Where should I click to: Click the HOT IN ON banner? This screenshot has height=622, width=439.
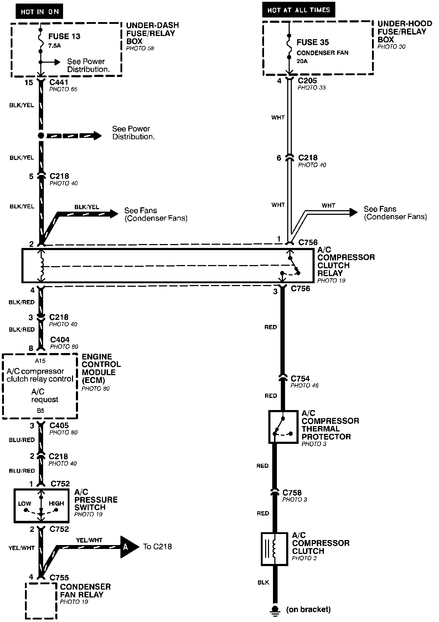pyautogui.click(x=39, y=12)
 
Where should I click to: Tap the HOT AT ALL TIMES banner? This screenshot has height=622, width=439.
pyautogui.click(x=299, y=10)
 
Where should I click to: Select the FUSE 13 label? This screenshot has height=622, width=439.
pyautogui.click(x=64, y=36)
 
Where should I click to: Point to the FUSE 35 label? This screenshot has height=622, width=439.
pyautogui.click(x=313, y=42)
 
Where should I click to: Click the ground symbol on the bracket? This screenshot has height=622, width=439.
pyautogui.click(x=275, y=610)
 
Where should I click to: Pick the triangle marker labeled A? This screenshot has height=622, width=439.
pyautogui.click(x=128, y=546)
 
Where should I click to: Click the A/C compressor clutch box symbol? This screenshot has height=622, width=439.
pyautogui.click(x=274, y=549)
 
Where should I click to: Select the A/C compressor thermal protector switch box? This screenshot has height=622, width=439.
pyautogui.click(x=283, y=426)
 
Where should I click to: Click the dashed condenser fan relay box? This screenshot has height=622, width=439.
pyautogui.click(x=41, y=601)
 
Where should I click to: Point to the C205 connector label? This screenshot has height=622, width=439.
pyautogui.click(x=308, y=81)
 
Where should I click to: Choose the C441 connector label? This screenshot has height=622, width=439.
pyautogui.click(x=59, y=82)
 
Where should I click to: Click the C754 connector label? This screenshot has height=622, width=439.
pyautogui.click(x=300, y=379)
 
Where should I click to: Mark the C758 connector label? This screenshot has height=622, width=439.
pyautogui.click(x=292, y=493)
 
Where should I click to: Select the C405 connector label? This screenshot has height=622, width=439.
pyautogui.click(x=59, y=425)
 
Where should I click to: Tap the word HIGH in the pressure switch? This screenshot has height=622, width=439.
pyautogui.click(x=56, y=503)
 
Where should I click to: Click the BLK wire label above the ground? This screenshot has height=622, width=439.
pyautogui.click(x=263, y=582)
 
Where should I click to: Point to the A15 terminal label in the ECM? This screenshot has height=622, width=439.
pyautogui.click(x=40, y=361)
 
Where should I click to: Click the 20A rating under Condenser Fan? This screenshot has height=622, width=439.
pyautogui.click(x=302, y=61)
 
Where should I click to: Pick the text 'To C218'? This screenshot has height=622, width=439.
pyautogui.click(x=157, y=546)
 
